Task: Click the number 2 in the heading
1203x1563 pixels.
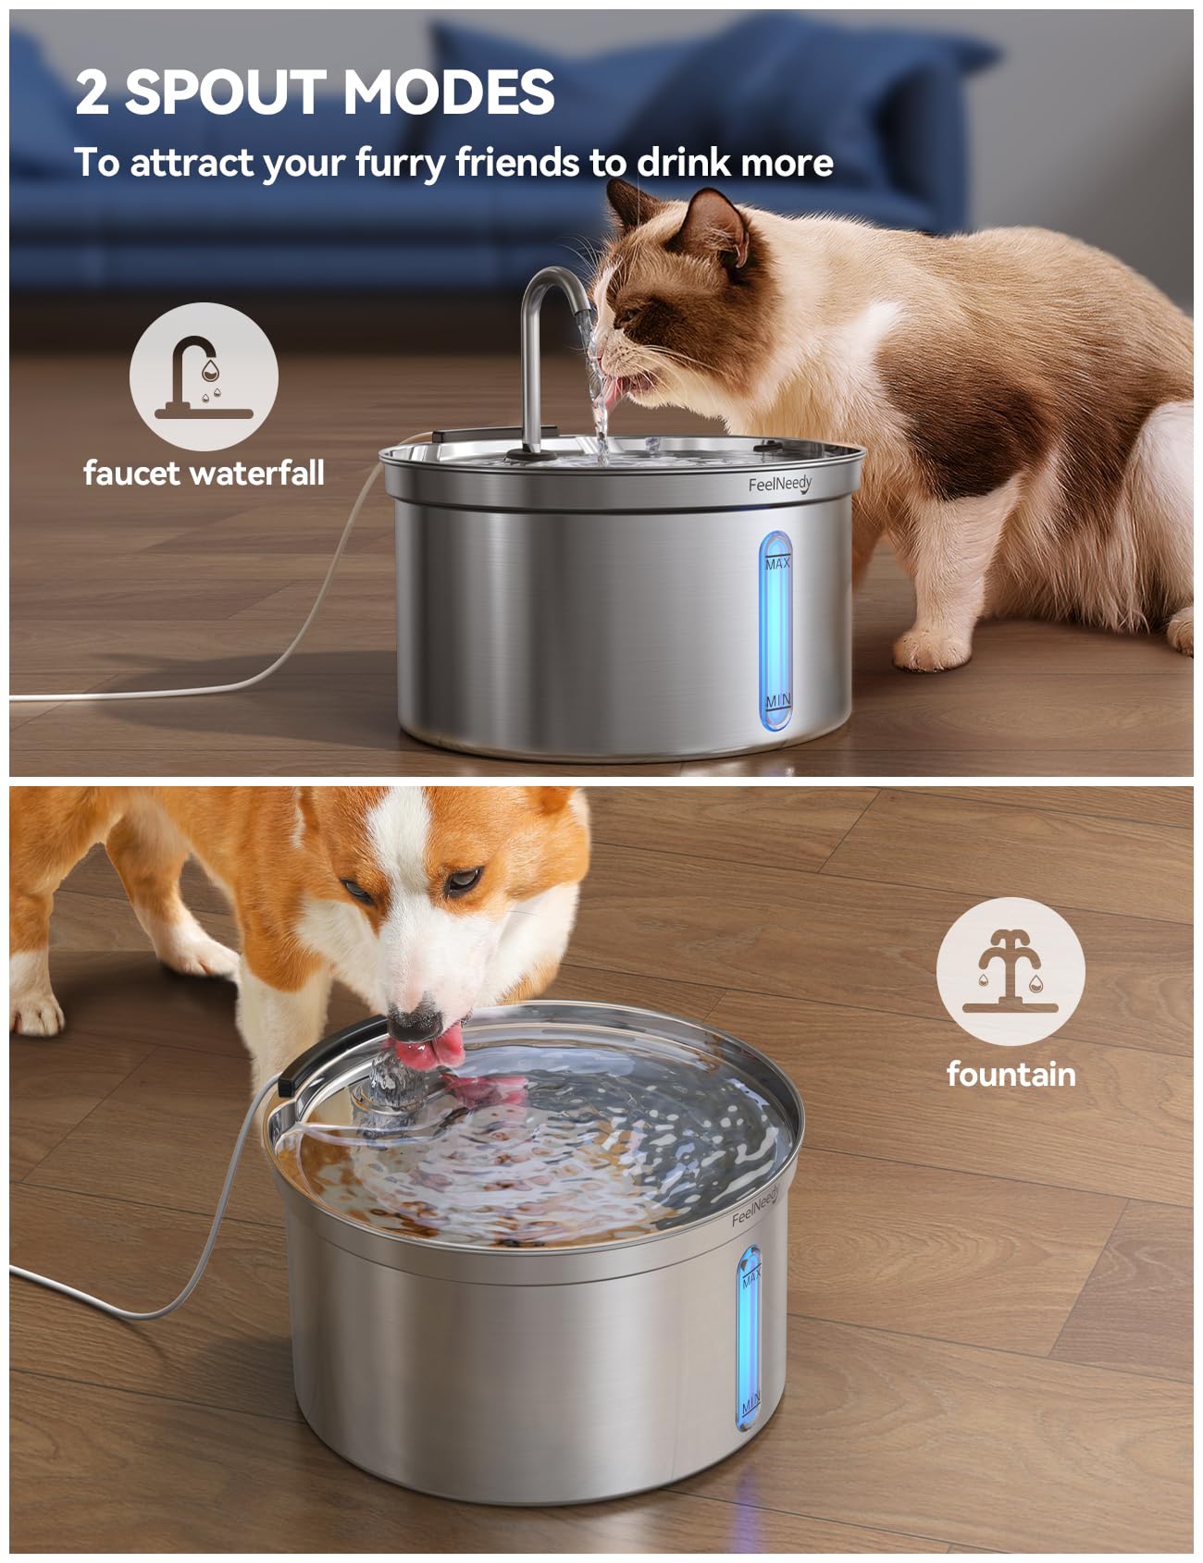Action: [93, 92]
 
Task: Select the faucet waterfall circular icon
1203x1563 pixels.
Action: [204, 376]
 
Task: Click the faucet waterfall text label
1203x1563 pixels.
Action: [204, 474]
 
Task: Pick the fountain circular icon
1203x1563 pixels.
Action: [1010, 971]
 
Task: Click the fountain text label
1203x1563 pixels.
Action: [1011, 1075]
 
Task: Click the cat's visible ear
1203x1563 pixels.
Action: [713, 227]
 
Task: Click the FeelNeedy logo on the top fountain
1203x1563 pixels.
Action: [779, 484]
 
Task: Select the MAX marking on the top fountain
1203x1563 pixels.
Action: [777, 562]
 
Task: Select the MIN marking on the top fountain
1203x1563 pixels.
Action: [777, 700]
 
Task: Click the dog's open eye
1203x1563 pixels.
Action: [463, 879]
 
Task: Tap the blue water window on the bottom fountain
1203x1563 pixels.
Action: [749, 1341]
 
